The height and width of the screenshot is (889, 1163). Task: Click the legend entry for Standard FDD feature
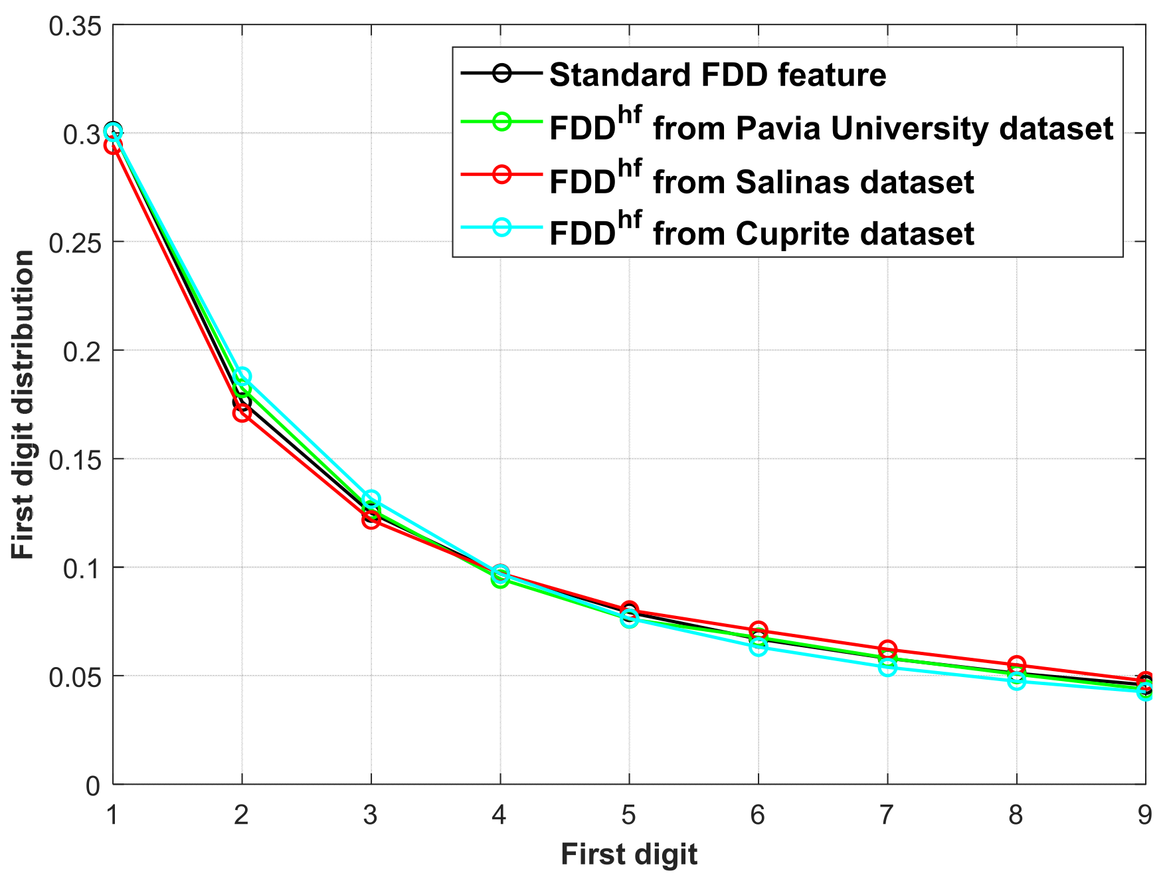717,75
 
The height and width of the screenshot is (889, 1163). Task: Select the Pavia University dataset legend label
831,128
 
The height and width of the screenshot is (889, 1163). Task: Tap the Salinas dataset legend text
761,181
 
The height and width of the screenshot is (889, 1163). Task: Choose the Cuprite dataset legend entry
761,233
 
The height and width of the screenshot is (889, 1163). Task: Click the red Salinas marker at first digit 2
242,413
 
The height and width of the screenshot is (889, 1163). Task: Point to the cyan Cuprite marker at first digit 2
242,376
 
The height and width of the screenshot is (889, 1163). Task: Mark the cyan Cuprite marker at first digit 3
371,499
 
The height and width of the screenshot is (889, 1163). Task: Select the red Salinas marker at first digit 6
759,631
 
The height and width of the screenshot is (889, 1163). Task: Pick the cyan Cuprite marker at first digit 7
887,667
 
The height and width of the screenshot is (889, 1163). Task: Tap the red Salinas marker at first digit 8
1016,664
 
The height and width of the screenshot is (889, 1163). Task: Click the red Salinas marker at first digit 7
887,649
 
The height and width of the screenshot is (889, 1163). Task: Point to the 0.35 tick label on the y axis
75,27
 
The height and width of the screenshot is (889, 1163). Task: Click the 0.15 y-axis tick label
75,460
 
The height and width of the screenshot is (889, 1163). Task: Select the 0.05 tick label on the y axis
75,677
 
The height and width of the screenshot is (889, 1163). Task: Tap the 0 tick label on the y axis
93,786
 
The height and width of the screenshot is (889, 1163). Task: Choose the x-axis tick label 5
629,815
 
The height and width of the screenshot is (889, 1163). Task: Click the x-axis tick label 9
1144,815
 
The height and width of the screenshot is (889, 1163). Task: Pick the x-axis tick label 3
371,815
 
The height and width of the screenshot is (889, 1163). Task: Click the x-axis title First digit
628,854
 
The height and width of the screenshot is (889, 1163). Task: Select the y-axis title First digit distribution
23,405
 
